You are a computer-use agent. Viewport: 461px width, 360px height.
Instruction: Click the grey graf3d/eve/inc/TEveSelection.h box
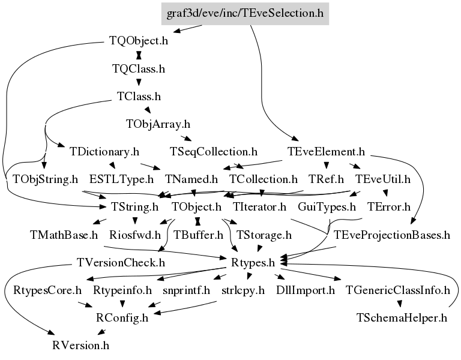(245, 14)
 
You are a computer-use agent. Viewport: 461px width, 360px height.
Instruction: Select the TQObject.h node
(139, 41)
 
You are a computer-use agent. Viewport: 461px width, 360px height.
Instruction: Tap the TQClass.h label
(139, 69)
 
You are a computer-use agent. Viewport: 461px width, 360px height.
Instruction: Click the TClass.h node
(139, 97)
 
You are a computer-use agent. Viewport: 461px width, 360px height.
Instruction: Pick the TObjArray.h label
(158, 124)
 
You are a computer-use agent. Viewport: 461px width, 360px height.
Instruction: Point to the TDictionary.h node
(104, 152)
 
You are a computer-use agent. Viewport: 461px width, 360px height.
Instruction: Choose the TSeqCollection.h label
(214, 152)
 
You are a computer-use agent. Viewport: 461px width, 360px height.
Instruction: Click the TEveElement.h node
(326, 152)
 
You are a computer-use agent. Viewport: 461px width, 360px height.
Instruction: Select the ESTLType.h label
(121, 179)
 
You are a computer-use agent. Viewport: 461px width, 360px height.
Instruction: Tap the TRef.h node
(326, 179)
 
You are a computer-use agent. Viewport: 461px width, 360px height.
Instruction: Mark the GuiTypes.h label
(327, 207)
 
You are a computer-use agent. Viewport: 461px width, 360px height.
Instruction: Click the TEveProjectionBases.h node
(391, 235)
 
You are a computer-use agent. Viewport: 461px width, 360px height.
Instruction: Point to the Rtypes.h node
(253, 262)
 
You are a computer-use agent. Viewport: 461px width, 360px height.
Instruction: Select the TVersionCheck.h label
(121, 262)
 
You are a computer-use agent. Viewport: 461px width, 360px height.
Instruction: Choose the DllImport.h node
(305, 290)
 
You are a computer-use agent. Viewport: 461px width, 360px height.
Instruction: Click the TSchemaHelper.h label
(402, 318)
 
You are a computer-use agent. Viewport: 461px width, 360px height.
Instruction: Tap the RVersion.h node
(80, 346)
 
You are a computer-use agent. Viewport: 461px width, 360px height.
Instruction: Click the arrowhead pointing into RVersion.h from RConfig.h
(101, 332)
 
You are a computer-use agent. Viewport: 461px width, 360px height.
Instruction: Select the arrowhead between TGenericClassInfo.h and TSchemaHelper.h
(400, 303)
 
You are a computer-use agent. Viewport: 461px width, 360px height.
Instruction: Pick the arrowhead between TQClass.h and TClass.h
(139, 82)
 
